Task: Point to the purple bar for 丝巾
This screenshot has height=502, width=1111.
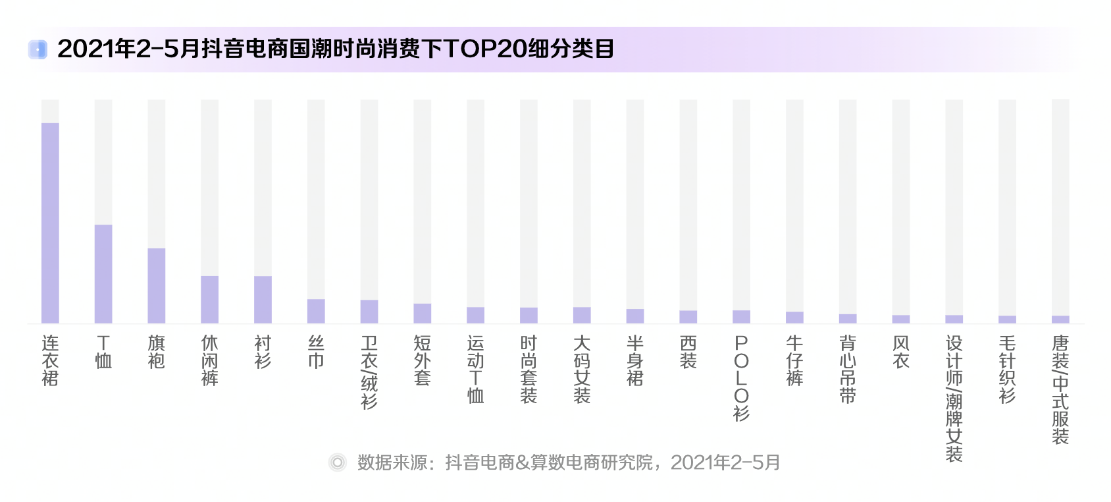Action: click(316, 311)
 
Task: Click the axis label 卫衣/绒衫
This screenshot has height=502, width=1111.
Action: click(369, 372)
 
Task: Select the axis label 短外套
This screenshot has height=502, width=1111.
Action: click(423, 360)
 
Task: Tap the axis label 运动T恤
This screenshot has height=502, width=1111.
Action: click(475, 369)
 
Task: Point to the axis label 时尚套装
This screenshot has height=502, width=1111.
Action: click(529, 369)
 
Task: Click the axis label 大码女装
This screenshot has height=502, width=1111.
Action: click(582, 369)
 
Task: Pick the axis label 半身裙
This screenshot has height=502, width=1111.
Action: click(635, 360)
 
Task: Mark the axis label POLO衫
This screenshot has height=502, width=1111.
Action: click(741, 378)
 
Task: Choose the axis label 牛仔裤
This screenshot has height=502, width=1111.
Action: click(794, 360)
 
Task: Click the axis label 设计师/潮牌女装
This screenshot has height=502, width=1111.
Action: click(954, 399)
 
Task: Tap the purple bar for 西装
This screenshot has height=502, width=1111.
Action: click(688, 317)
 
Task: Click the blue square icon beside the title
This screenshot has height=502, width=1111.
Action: click(38, 49)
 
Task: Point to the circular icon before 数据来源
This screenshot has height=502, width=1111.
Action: click(338, 462)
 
